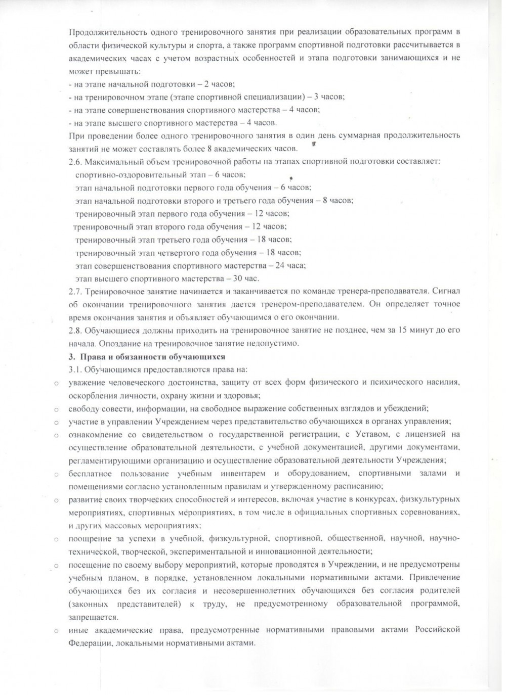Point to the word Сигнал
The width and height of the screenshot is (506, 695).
(x=447, y=291)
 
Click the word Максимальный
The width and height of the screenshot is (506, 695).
(x=110, y=161)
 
